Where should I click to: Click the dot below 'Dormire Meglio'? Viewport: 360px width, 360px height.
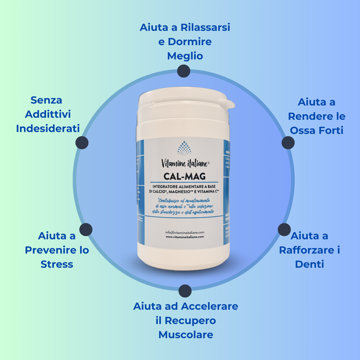(x=182, y=72)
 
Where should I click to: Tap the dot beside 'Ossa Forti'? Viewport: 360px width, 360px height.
(x=288, y=142)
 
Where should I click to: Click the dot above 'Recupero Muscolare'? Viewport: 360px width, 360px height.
(x=185, y=290)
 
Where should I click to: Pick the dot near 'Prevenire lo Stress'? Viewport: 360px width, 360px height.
(x=85, y=229)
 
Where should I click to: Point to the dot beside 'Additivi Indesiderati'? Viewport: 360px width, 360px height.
(x=82, y=142)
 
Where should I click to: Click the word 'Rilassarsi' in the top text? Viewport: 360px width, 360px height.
(x=204, y=27)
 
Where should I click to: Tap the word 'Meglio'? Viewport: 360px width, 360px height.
(x=185, y=56)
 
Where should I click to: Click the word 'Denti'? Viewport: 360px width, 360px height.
(x=310, y=264)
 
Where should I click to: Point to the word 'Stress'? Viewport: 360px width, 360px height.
(x=57, y=264)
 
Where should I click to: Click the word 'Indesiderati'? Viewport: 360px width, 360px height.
(x=48, y=129)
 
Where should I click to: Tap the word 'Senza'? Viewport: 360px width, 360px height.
(x=46, y=100)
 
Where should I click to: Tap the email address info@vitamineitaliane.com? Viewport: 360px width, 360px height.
(x=184, y=232)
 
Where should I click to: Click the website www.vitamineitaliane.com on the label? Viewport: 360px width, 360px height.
(x=184, y=237)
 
